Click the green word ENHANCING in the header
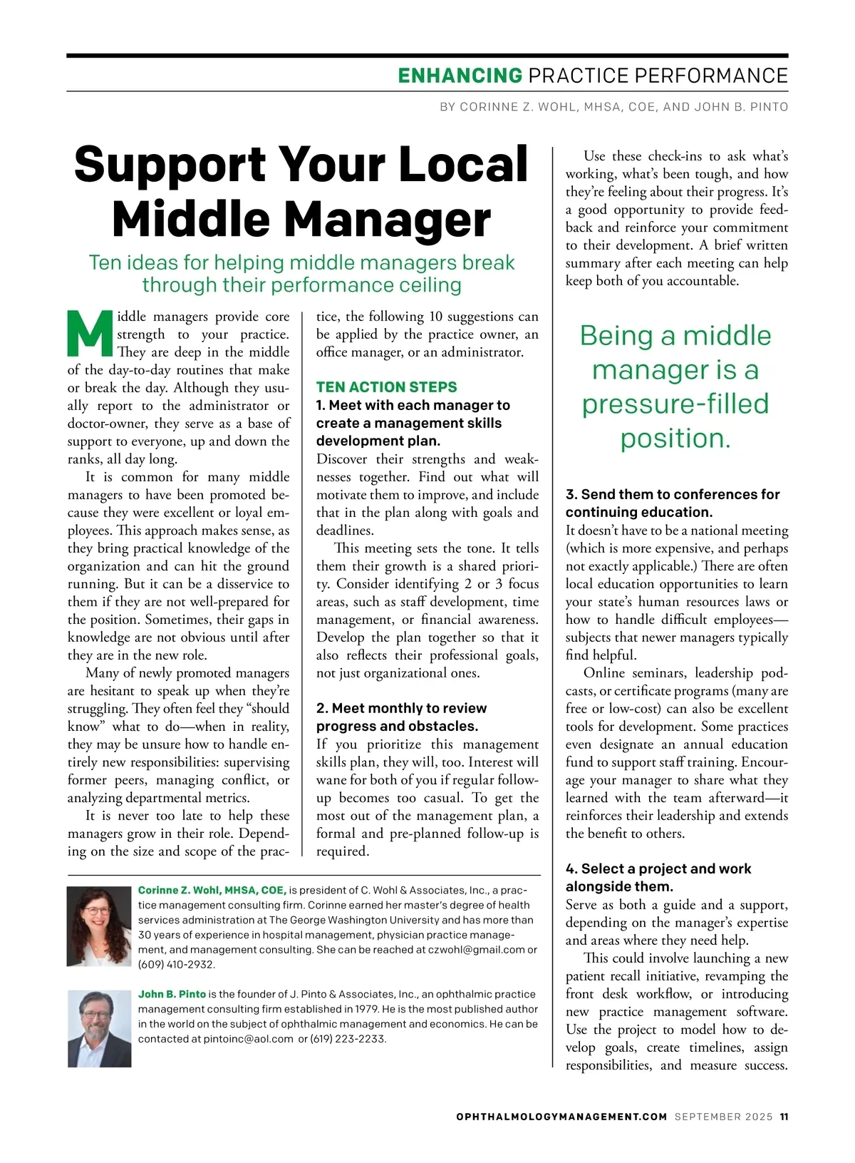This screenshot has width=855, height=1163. [x=460, y=76]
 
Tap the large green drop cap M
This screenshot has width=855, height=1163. [x=90, y=334]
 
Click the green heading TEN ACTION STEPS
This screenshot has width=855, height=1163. [x=387, y=387]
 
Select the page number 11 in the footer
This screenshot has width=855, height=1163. [x=784, y=1117]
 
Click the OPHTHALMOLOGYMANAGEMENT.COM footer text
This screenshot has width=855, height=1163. [x=561, y=1117]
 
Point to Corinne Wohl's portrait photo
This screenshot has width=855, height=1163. [x=99, y=926]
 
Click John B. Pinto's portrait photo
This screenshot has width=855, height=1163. [x=100, y=1029]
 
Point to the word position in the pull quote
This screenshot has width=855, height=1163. [x=675, y=439]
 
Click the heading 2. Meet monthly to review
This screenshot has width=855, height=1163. [x=402, y=708]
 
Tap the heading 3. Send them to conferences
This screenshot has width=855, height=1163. [x=672, y=494]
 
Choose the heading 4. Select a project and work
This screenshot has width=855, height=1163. [x=658, y=869]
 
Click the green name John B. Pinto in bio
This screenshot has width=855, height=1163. [x=172, y=994]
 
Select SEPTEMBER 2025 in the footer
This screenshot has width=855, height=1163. [x=723, y=1117]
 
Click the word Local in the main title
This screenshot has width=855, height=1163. [x=463, y=165]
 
